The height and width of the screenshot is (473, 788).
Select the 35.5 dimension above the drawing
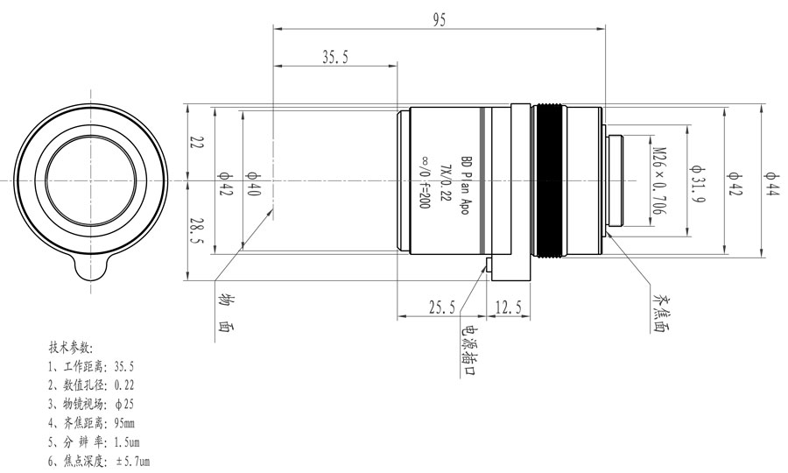pos(335,57)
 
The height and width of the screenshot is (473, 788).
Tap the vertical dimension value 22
pos(199,143)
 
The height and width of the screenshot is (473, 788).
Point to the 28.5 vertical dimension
pos(199,232)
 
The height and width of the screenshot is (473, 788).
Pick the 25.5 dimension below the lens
pos(440,307)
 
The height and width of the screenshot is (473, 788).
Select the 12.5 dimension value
pos(509,307)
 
